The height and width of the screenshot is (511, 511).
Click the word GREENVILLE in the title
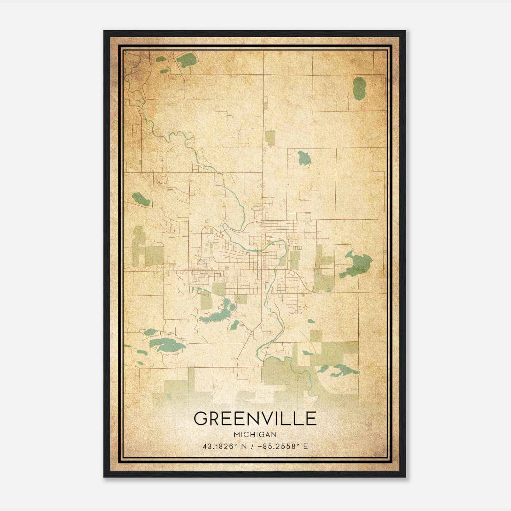click(255, 419)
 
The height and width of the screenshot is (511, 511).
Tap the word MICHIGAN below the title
click(255, 434)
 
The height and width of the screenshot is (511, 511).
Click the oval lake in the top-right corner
click(359, 88)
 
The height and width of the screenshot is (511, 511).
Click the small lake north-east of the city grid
click(305, 158)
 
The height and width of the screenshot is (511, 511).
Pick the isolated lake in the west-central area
click(141, 199)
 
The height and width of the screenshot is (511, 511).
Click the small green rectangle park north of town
click(270, 138)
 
